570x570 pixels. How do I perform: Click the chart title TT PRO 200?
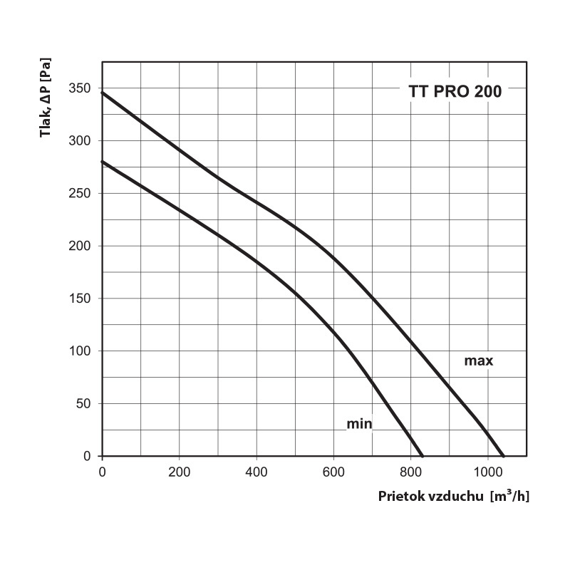point(455,92)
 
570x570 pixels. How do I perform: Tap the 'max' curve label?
point(478,361)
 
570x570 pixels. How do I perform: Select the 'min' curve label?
point(359,425)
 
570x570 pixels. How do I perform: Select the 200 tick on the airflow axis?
point(179,471)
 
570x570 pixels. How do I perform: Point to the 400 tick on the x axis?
point(256,471)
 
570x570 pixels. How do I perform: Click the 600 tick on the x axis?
point(333,471)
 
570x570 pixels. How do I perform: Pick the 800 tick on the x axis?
point(410,471)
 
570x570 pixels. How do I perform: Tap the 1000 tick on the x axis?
point(487,471)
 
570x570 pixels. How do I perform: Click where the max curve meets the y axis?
point(103,93)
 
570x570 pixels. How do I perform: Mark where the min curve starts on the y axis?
point(103,162)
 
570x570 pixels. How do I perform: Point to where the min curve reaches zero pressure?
point(423,456)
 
